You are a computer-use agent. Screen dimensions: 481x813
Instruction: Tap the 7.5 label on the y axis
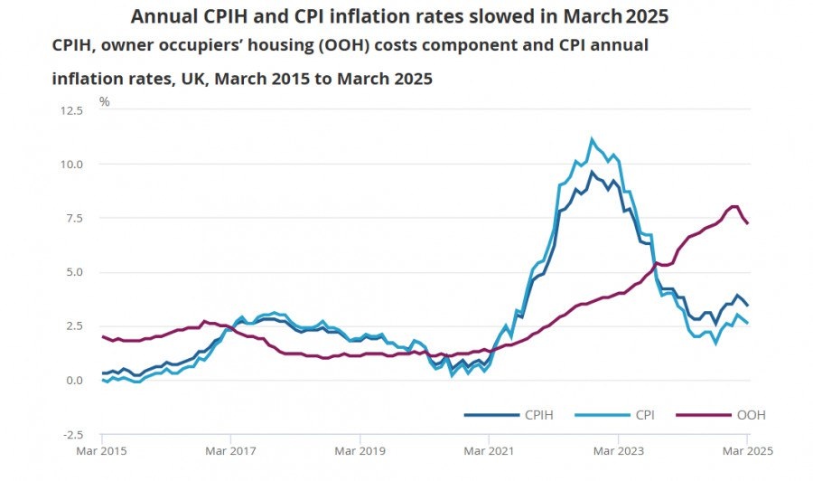tap(74, 218)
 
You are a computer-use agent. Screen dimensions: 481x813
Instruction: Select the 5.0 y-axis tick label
tap(74, 272)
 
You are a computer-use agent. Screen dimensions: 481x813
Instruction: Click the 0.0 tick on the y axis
tap(74, 381)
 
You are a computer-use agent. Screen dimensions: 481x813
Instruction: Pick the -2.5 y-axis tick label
tap(71, 434)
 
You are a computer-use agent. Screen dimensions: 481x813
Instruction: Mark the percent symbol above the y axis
tap(105, 101)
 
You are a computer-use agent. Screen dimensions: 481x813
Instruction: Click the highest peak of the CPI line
tap(592, 139)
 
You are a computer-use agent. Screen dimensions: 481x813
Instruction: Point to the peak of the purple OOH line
tap(734, 206)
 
